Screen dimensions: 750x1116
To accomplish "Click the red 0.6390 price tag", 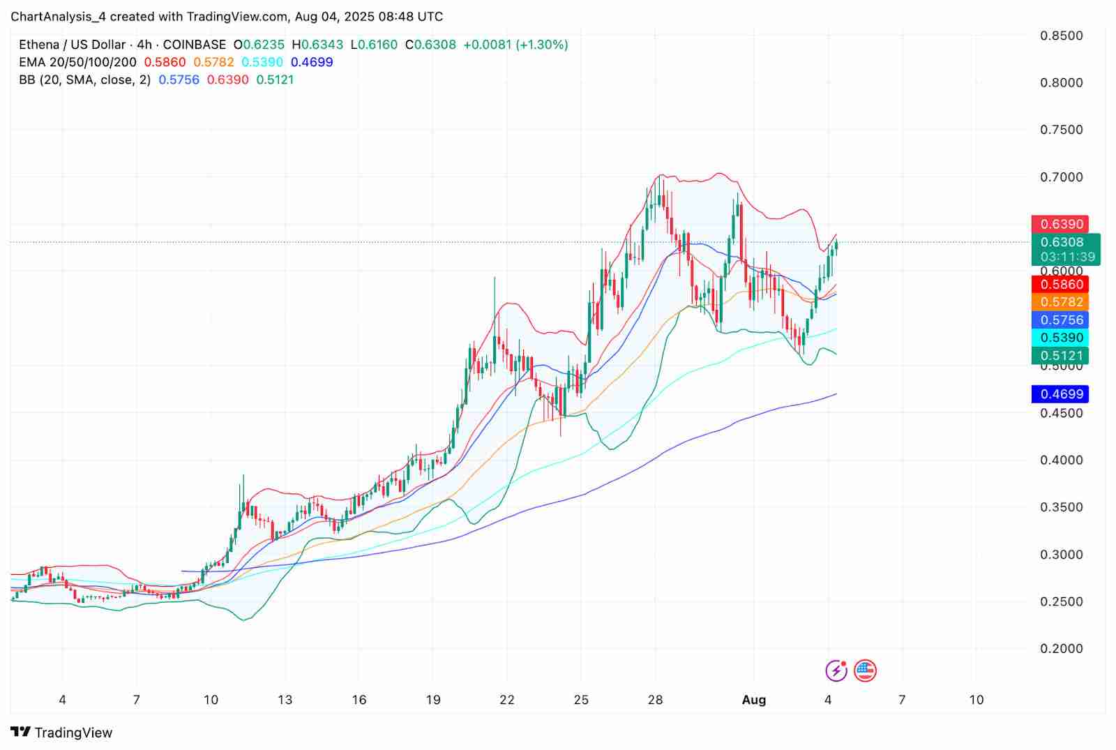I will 1062,224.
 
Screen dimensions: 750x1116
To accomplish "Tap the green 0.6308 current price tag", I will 1062,242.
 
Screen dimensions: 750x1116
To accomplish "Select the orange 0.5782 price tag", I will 1062,302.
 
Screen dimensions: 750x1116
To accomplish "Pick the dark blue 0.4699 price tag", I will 1062,394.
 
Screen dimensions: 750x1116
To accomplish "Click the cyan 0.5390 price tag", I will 1062,338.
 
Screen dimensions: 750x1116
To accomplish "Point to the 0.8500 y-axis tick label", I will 1062,36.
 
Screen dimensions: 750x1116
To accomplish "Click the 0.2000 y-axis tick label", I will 1062,649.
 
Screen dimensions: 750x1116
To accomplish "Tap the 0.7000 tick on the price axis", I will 1062,177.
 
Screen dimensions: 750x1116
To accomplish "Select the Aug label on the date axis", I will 754,700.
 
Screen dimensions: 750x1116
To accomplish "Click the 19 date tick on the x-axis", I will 433,700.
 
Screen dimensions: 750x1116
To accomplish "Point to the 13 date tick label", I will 285,700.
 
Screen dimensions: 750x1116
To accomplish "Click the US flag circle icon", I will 865,671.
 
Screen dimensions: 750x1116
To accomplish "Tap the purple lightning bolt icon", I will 836,671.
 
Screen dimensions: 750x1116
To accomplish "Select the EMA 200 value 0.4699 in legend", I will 312,62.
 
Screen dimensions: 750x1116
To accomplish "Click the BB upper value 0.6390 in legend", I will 228,80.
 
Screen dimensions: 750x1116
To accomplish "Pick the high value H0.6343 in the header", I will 317,45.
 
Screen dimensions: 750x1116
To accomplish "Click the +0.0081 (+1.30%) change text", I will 515,45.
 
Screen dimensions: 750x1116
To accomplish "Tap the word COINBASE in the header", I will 195,45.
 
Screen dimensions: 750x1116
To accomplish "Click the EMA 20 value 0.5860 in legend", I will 165,62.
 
